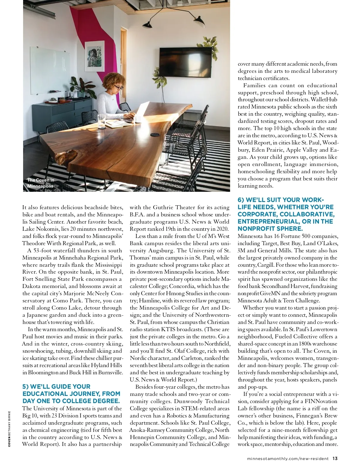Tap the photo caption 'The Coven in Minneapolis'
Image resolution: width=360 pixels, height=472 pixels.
click(40, 183)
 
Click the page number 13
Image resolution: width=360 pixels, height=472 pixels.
click(335, 459)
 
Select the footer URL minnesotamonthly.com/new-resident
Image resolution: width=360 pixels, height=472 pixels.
click(287, 459)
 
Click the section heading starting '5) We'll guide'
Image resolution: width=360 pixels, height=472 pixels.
click(71, 394)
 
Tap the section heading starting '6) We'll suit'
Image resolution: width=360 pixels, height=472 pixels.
click(286, 214)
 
